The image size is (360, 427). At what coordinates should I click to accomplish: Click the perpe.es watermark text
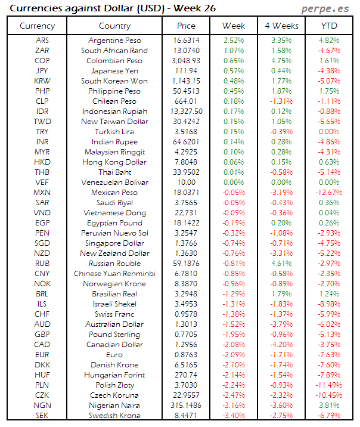[x=325, y=8]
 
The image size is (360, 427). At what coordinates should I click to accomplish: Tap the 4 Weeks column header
[x=281, y=26]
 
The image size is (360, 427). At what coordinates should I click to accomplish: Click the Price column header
[x=186, y=26]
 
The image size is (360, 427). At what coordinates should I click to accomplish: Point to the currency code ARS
[x=42, y=41]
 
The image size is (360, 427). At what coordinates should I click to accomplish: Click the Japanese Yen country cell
[x=114, y=71]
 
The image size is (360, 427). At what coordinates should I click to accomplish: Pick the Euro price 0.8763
[x=186, y=355]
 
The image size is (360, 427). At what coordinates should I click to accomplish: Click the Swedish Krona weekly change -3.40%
[x=234, y=416]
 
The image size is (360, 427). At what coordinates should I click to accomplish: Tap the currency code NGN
[x=42, y=406]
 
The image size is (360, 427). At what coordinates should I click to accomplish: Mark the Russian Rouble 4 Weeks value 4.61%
[x=281, y=264]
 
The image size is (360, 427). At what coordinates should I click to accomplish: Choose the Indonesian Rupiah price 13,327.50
[x=186, y=112]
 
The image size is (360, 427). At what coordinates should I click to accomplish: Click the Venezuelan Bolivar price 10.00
[x=186, y=182]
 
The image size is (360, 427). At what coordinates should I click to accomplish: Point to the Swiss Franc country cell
[x=114, y=314]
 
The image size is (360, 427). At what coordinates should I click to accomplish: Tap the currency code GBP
[x=42, y=335]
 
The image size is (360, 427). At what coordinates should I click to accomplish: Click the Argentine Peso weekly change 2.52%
[x=234, y=41]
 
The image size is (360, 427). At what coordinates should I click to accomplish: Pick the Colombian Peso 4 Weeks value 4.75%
[x=281, y=61]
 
